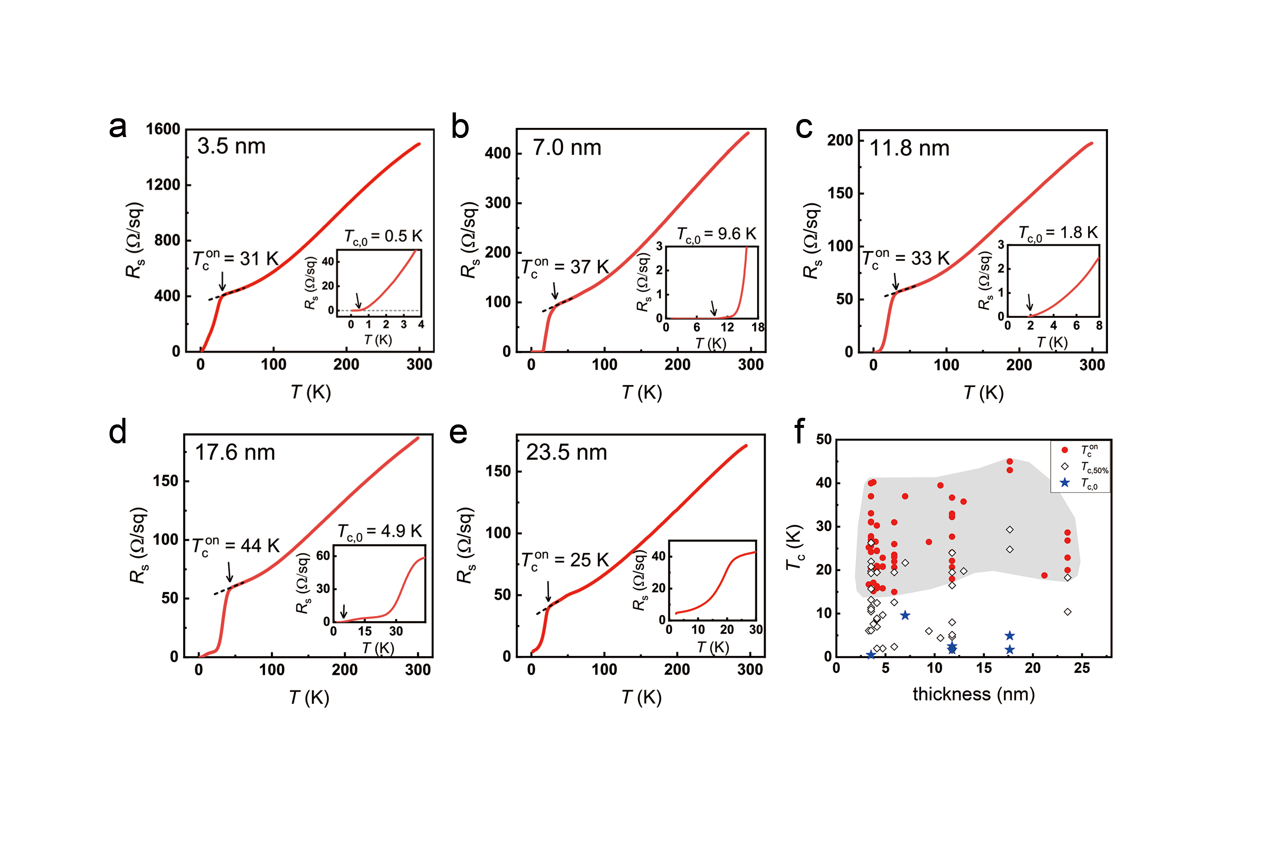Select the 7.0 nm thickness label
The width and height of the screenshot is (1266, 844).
[567, 147]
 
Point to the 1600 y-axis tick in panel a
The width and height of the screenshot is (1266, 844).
[163, 129]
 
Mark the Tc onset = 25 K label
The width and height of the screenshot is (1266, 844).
[565, 560]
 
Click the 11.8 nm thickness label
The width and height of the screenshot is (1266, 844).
[910, 148]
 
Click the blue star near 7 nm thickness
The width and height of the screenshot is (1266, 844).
[905, 615]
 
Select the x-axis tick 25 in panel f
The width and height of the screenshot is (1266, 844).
[1082, 669]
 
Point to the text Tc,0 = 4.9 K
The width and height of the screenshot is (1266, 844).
[380, 532]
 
